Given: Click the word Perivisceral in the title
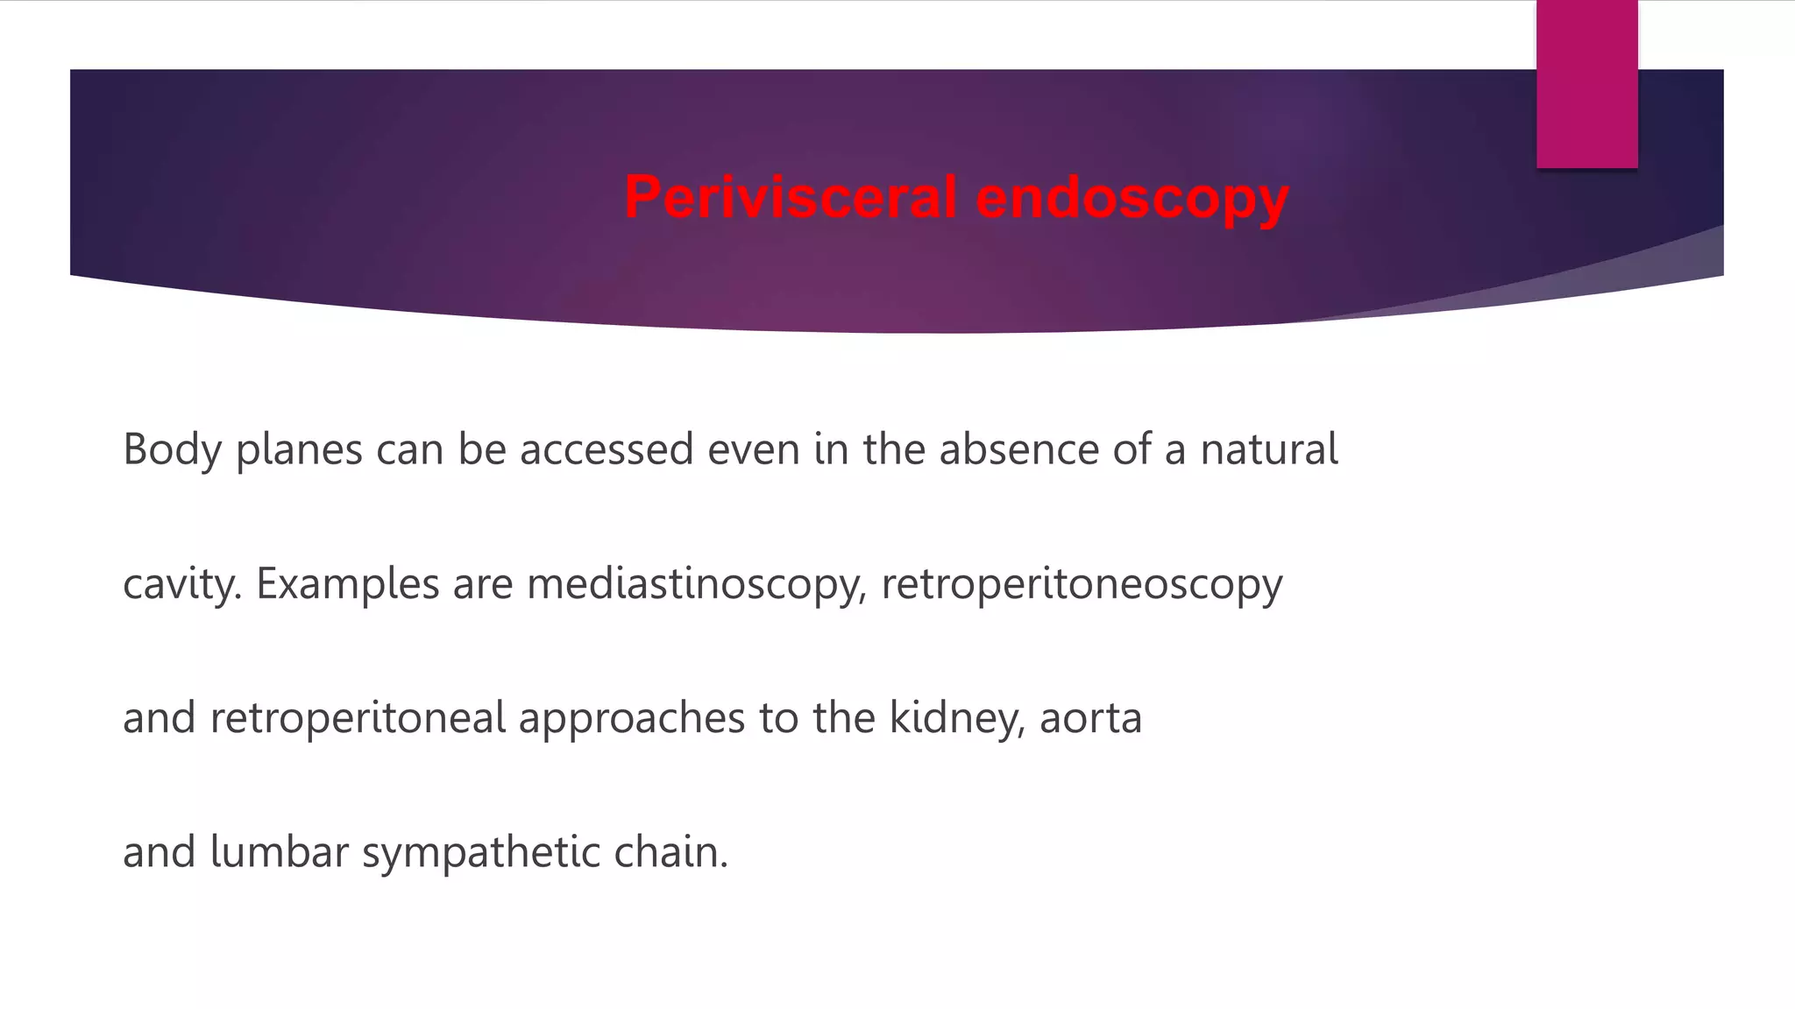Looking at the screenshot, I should [789, 197].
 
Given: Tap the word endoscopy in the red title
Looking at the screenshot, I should [1132, 197].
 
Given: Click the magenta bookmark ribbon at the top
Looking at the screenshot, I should [1586, 84].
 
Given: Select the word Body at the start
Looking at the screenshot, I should [172, 449].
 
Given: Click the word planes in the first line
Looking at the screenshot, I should [299, 449].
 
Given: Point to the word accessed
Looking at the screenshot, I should [607, 449].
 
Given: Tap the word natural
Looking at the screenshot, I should [1268, 449].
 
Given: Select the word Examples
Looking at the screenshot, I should [347, 584].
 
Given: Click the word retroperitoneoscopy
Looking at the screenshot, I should [1082, 584].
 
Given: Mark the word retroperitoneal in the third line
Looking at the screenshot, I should [358, 718].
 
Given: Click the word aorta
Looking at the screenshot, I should [1090, 718].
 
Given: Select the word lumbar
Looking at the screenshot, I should [280, 852].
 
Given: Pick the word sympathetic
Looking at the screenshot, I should [480, 852].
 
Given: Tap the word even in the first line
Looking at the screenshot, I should [754, 449].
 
